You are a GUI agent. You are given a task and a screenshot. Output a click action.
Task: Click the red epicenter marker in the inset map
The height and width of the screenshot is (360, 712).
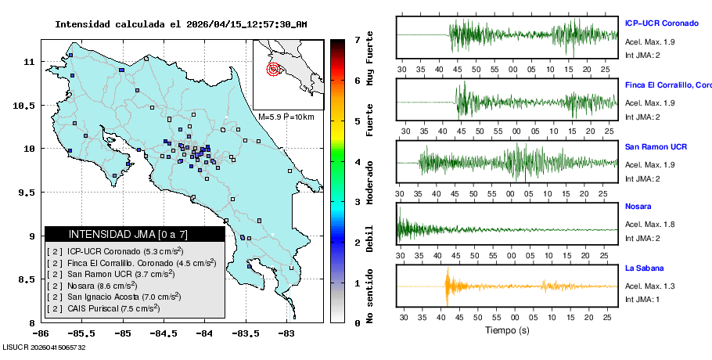(x=273, y=69)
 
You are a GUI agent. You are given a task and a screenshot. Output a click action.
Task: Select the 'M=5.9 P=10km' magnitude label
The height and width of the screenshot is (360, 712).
(x=286, y=117)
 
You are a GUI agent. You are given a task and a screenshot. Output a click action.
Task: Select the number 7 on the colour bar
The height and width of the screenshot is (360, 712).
(x=358, y=39)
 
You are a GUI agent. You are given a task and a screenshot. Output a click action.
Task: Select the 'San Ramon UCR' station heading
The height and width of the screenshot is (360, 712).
(x=656, y=146)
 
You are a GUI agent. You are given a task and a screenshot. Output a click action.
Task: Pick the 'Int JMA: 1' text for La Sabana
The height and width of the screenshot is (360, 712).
(x=642, y=299)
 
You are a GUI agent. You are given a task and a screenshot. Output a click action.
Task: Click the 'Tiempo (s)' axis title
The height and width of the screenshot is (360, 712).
(x=507, y=330)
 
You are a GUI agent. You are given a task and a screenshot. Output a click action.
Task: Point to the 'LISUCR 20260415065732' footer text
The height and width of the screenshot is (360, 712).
(x=45, y=347)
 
